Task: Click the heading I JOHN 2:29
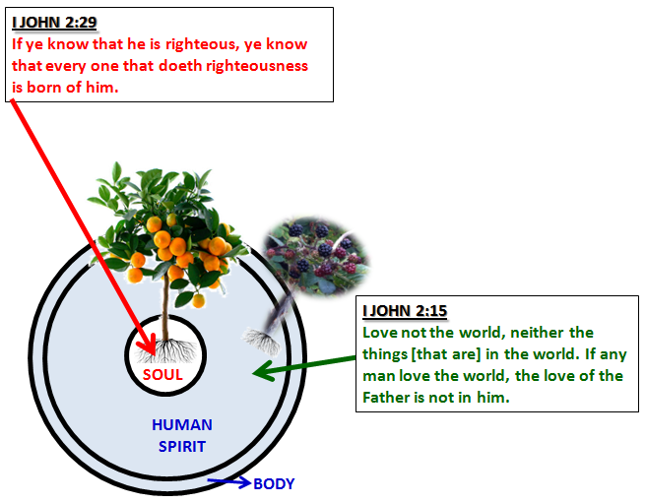[54, 23]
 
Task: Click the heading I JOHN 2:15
[405, 311]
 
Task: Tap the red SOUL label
[162, 374]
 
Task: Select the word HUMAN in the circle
[182, 424]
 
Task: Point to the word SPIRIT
[182, 446]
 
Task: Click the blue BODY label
[274, 483]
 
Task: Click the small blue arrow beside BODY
[229, 481]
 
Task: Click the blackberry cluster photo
[316, 255]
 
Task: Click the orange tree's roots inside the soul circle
[166, 350]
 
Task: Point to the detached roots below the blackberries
[261, 341]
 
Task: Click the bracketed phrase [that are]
[446, 354]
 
